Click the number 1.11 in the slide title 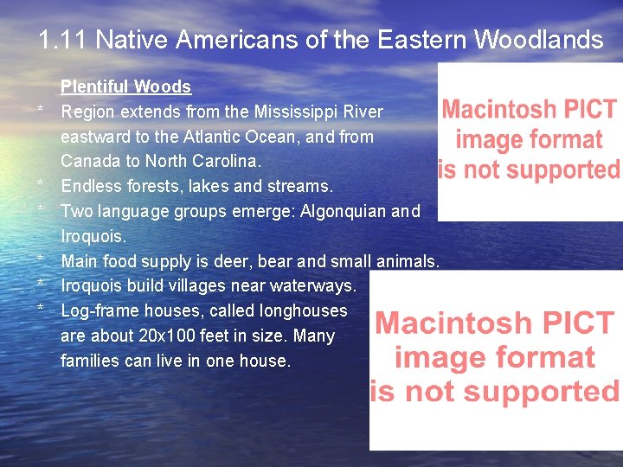[x=64, y=40]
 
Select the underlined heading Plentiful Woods [x=125, y=86]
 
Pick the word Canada [x=89, y=162]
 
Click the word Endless [x=93, y=187]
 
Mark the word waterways [x=314, y=286]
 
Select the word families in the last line [x=90, y=361]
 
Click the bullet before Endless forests [x=41, y=184]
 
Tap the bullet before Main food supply [x=41, y=259]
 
